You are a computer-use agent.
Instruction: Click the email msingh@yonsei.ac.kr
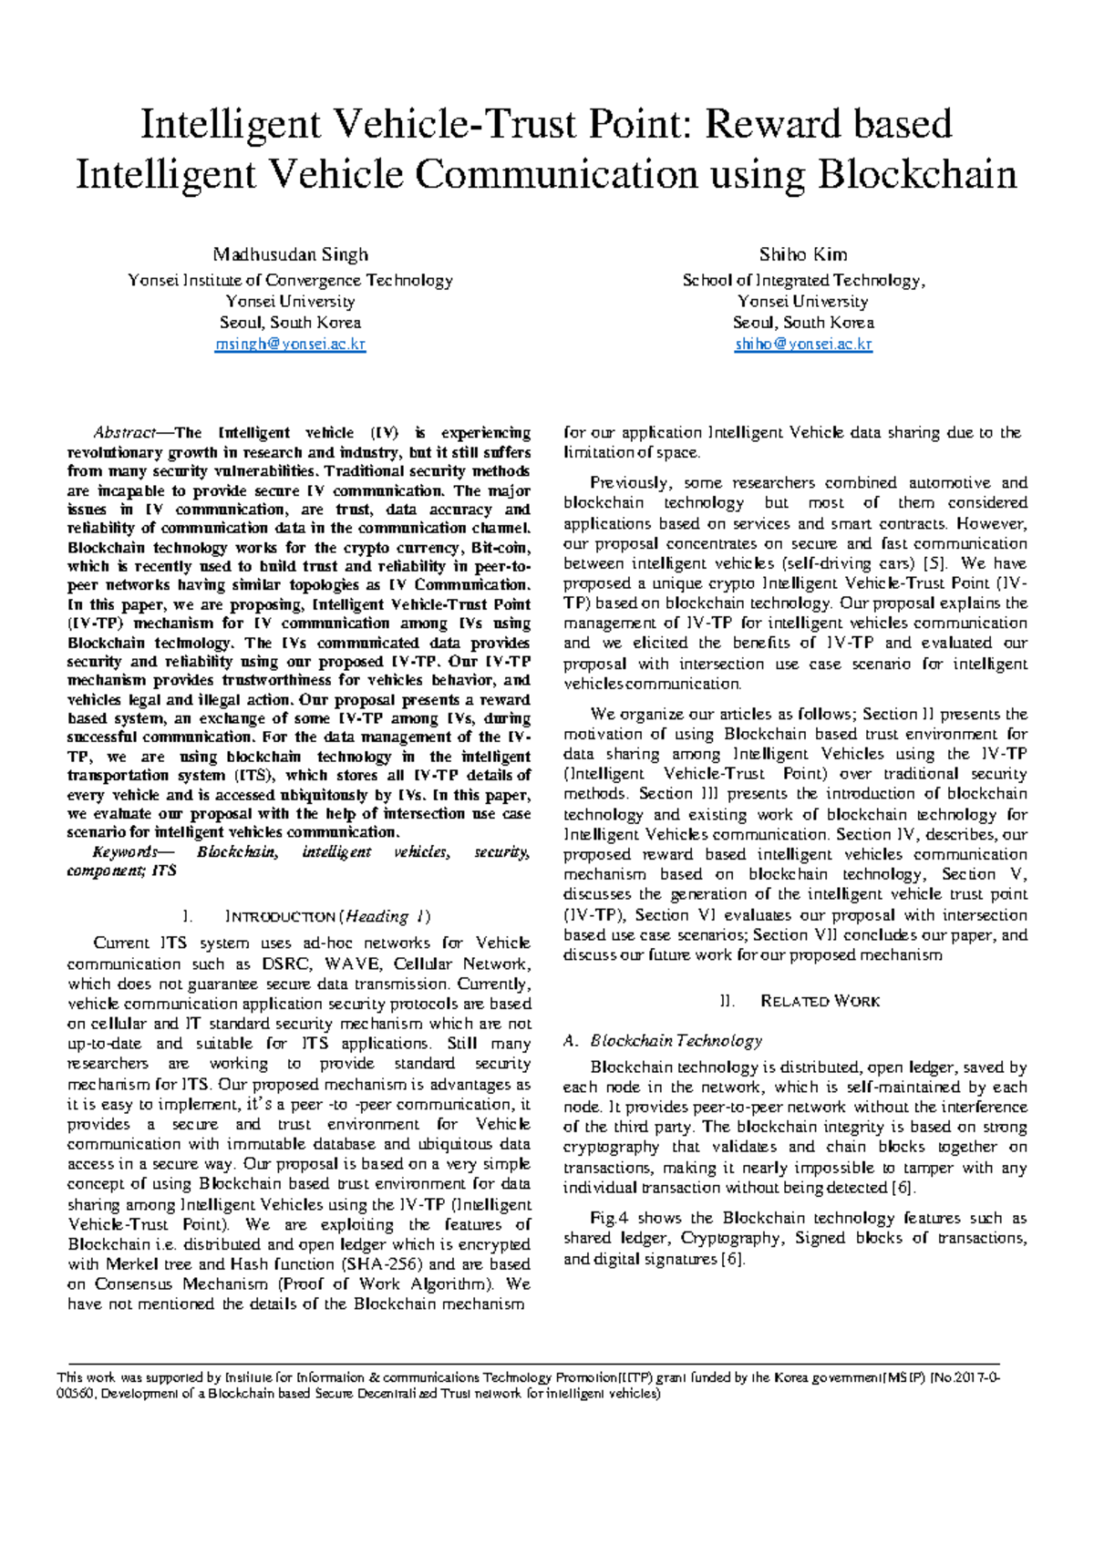click(x=290, y=345)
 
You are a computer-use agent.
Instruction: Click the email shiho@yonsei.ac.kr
click(x=803, y=345)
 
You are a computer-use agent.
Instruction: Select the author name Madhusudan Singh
click(x=290, y=254)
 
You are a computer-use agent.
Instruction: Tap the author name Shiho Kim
click(x=803, y=254)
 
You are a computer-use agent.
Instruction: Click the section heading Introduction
click(x=281, y=917)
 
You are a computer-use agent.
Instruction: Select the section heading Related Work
click(x=820, y=1002)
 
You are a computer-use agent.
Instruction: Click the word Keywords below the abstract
click(x=124, y=852)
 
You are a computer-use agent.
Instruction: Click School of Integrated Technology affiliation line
click(x=803, y=281)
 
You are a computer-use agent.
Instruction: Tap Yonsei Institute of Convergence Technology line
click(x=290, y=281)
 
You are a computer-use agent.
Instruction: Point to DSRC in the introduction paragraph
click(x=285, y=964)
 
